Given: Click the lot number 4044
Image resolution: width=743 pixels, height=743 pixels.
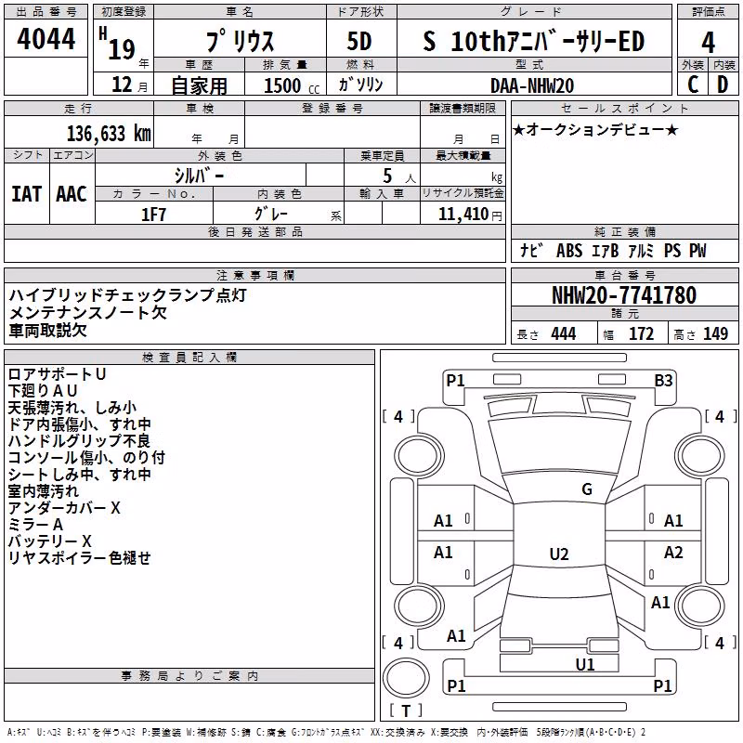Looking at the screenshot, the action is (46, 38).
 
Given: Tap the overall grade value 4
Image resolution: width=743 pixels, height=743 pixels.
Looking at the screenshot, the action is (708, 43).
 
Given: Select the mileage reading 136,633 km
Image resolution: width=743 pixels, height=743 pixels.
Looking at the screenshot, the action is (109, 133).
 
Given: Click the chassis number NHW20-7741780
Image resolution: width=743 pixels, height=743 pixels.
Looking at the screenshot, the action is (624, 294).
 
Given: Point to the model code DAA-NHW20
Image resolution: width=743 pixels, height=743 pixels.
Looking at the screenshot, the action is (532, 85).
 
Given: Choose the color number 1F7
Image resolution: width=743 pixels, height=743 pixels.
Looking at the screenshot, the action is (153, 215).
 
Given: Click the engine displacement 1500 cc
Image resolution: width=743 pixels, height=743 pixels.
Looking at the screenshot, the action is (292, 85).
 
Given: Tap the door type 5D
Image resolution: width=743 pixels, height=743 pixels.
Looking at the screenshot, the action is (359, 42).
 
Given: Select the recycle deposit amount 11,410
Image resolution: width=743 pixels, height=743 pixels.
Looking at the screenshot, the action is (463, 215).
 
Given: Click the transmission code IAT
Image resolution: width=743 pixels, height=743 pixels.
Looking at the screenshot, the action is (27, 194).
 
